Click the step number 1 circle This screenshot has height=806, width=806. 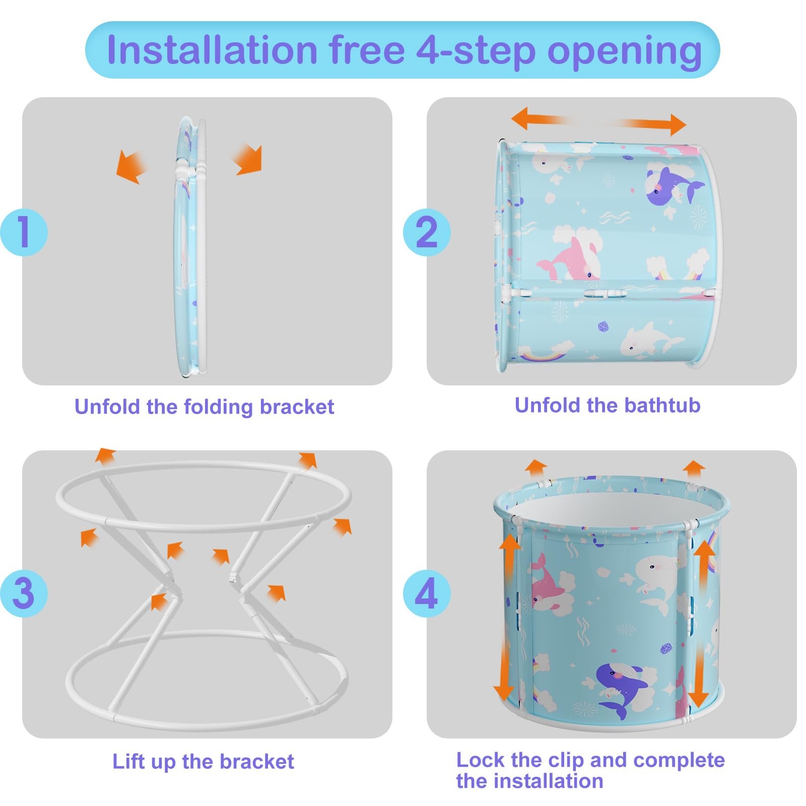(x=23, y=232)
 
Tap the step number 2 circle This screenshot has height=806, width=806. (x=427, y=232)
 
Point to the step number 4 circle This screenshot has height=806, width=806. (x=426, y=593)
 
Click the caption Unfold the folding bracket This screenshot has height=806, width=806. (x=204, y=407)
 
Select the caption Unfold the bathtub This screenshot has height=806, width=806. (x=607, y=405)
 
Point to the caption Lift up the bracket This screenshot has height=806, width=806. (x=203, y=761)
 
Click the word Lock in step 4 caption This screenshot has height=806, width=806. (x=479, y=760)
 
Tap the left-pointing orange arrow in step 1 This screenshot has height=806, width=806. (x=129, y=166)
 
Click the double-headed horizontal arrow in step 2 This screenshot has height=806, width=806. (x=598, y=121)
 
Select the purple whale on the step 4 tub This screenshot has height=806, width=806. (x=620, y=688)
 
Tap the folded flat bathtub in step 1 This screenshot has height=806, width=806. (x=190, y=247)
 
